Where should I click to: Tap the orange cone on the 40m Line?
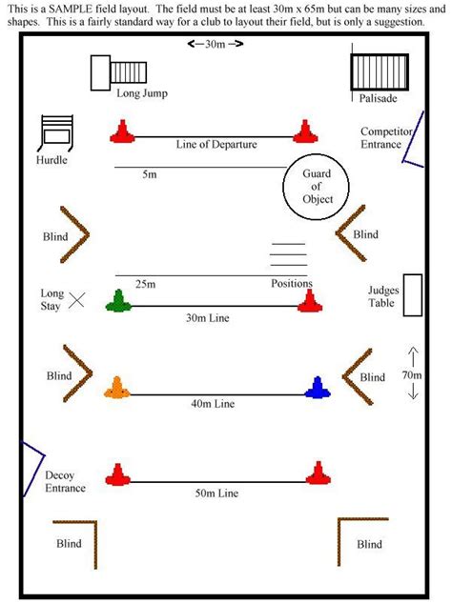pyautogui.click(x=118, y=387)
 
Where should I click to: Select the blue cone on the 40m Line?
pyautogui.click(x=317, y=387)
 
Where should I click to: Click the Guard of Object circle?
pyautogui.click(x=318, y=186)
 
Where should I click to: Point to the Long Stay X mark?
pyautogui.click(x=77, y=300)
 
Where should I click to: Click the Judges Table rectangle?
pyautogui.click(x=413, y=294)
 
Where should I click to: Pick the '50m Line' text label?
pyautogui.click(x=216, y=493)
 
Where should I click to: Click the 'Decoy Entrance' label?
pyautogui.click(x=64, y=481)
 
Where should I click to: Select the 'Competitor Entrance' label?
pyautogui.click(x=386, y=137)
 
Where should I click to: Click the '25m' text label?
pyautogui.click(x=146, y=284)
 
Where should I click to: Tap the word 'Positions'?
pyautogui.click(x=292, y=284)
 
